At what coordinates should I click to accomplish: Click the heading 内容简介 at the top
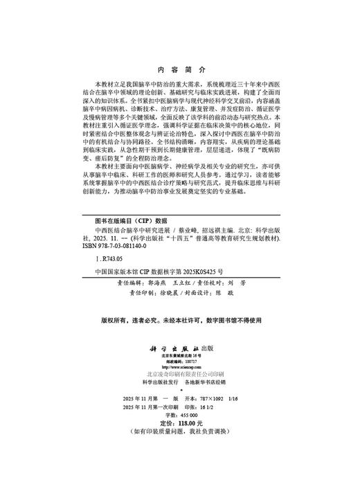[x=179, y=70]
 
